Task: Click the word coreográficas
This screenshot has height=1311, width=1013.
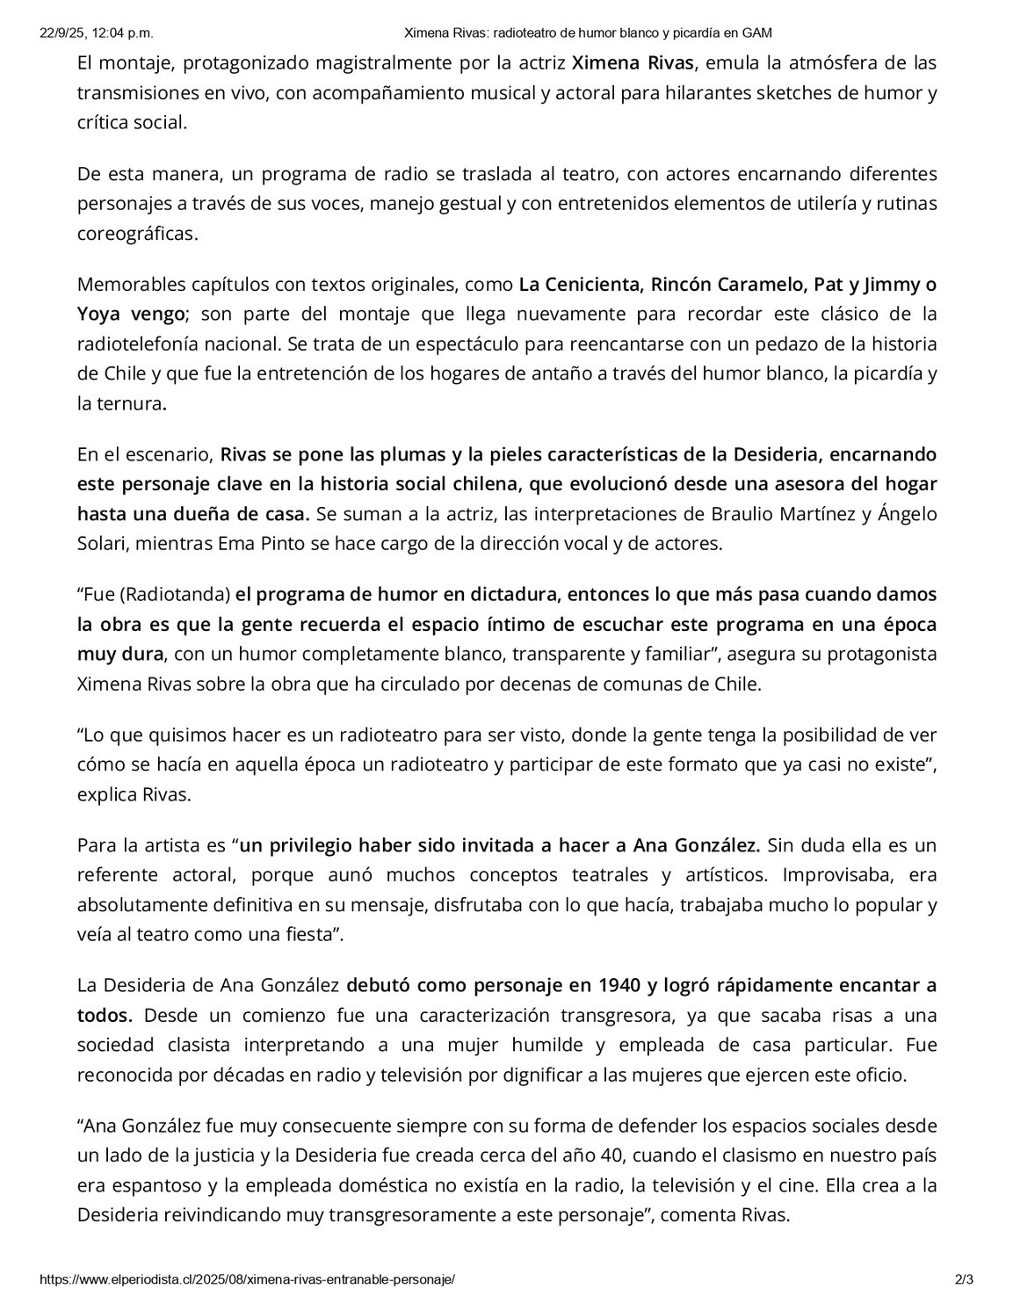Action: [137, 233]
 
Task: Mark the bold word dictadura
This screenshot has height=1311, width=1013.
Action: [511, 593]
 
